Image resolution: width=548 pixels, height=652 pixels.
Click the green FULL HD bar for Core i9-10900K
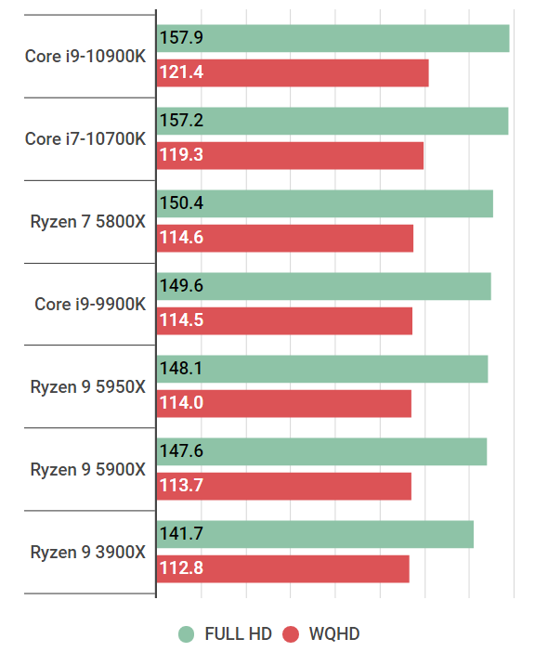334,38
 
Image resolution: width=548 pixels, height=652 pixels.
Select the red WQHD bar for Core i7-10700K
291,155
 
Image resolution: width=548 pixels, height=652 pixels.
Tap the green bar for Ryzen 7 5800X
325,203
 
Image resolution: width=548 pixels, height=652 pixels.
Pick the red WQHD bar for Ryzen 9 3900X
283,569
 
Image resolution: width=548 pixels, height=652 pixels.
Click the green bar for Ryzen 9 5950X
322,369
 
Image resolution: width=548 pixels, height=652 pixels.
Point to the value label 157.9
182,38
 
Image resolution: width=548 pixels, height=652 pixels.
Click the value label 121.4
182,72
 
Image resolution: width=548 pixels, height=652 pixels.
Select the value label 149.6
182,286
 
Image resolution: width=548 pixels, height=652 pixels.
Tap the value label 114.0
182,403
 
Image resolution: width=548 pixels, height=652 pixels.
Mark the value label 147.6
182,451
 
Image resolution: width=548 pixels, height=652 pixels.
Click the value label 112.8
182,569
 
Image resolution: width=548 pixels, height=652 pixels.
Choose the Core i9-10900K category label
85,56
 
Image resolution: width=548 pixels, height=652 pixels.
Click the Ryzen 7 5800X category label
87,221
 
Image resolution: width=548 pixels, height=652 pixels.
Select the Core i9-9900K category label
90,304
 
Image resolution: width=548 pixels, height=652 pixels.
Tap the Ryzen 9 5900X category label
87,468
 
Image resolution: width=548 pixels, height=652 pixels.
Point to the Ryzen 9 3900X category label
87,552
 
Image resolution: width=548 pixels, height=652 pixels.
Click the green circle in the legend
187,634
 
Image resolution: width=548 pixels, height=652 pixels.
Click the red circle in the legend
292,634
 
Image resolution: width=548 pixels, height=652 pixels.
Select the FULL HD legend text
238,634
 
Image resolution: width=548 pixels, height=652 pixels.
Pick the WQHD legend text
334,634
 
